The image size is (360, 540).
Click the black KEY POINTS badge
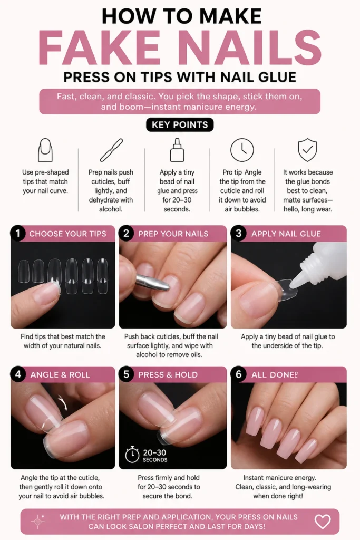[x=180, y=124]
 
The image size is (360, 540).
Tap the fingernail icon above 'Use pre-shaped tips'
[x=45, y=150]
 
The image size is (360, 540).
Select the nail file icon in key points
[x=111, y=150]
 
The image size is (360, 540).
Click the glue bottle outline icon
[x=177, y=150]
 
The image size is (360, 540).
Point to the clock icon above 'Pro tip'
[x=242, y=150]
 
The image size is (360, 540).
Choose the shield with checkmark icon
[x=307, y=150]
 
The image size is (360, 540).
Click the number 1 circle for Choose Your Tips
[x=18, y=234]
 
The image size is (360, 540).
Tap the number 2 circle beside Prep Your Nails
[x=126, y=234]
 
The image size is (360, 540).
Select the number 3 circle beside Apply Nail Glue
[x=238, y=234]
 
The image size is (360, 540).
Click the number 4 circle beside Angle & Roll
[x=18, y=374]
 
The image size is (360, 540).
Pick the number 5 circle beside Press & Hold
[x=126, y=374]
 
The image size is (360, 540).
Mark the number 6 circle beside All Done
[x=238, y=374]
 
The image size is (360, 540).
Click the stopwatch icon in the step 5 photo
[x=132, y=455]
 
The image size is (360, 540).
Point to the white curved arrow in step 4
[x=62, y=402]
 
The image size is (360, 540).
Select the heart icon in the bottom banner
[x=323, y=522]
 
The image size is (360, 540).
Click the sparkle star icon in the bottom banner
[x=37, y=522]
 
